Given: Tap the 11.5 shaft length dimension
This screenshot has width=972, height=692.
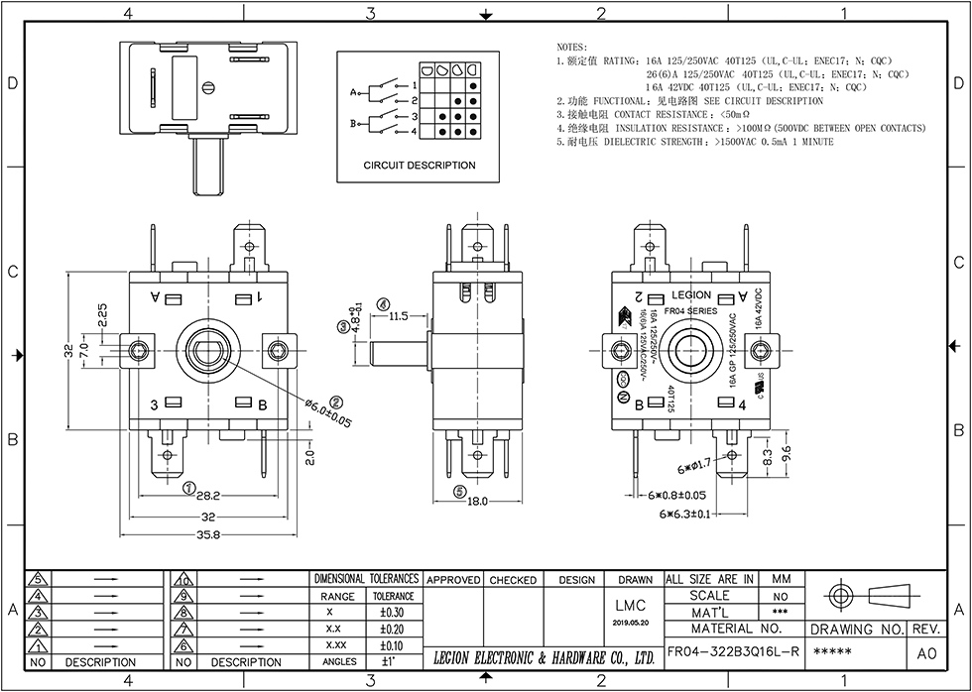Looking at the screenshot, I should click(399, 316).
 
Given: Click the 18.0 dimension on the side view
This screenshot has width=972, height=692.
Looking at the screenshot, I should click(478, 502).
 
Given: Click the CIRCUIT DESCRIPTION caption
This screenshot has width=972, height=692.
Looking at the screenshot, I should click(419, 166).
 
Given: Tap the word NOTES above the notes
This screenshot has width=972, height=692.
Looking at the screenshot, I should click(572, 47).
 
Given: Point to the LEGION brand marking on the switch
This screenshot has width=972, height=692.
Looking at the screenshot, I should click(691, 294).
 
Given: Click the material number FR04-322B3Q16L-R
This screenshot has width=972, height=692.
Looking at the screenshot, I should click(733, 651).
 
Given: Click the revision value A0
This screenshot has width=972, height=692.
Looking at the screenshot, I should click(925, 653).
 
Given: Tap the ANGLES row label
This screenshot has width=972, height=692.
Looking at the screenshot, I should click(339, 661).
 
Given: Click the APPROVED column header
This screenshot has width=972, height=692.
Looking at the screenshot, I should click(454, 580).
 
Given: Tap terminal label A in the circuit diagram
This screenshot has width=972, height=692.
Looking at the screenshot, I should click(352, 92).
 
